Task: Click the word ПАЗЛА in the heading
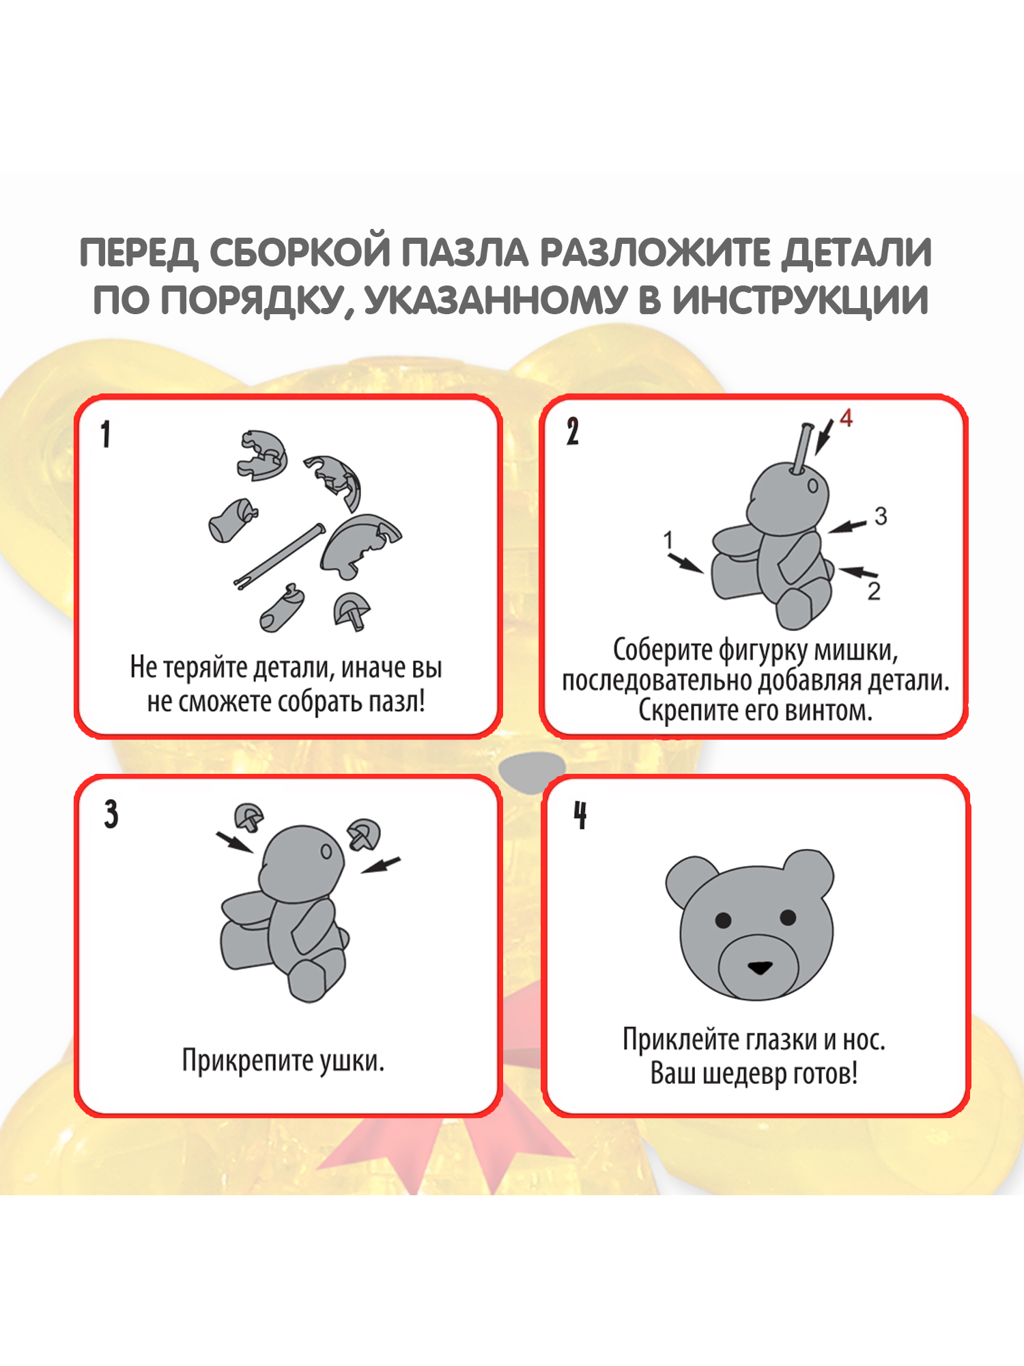(x=464, y=253)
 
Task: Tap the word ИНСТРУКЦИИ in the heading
(x=800, y=301)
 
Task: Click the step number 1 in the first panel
(x=106, y=434)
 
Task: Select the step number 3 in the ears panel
(x=111, y=814)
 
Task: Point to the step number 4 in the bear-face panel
(x=580, y=815)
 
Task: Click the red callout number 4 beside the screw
(x=847, y=418)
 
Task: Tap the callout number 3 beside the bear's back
(x=881, y=516)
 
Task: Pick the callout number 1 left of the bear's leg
(x=668, y=540)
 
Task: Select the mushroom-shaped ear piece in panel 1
(x=352, y=611)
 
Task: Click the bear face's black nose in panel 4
(x=760, y=967)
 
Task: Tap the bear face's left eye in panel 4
(x=723, y=920)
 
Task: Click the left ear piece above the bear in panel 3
(x=249, y=817)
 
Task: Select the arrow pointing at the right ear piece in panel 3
(x=380, y=865)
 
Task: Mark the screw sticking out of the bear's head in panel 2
(x=803, y=447)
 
